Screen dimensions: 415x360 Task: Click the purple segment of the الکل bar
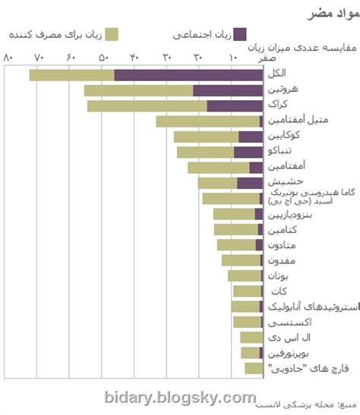coord(188,74)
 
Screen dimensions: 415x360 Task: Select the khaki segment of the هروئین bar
coord(138,90)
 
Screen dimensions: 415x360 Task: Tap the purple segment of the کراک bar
coord(235,105)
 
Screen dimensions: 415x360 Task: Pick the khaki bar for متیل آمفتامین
coord(207,121)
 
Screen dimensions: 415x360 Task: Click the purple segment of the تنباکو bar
coord(248,152)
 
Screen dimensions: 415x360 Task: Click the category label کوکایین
coord(284,136)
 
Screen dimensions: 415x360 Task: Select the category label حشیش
coord(285,182)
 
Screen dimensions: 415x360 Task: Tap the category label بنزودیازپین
coord(289,214)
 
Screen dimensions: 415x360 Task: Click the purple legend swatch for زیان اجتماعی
coord(240,34)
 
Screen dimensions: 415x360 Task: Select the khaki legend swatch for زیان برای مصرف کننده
coord(112,34)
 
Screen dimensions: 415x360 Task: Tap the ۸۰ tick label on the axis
coord(8,58)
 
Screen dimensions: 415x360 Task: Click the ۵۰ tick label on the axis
coord(103,58)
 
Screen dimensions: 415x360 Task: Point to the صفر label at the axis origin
coord(267,58)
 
